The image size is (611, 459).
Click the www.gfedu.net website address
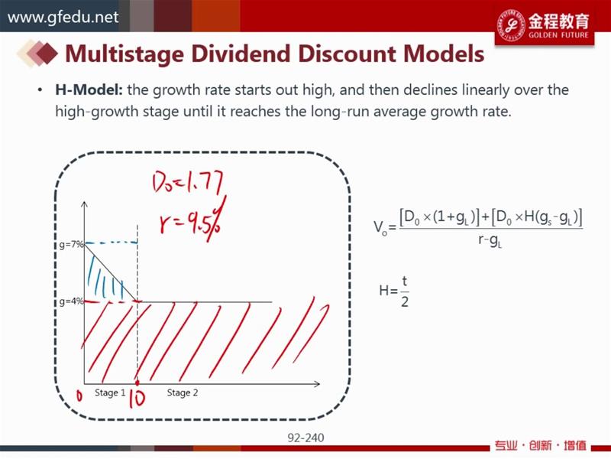click(63, 18)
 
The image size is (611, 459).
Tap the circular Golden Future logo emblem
click(511, 25)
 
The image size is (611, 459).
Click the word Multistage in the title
click(124, 54)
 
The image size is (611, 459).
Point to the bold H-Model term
click(89, 90)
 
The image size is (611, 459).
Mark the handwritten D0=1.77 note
click(187, 183)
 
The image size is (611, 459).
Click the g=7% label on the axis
click(71, 245)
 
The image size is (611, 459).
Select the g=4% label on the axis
click(71, 301)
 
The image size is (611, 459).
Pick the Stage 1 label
click(110, 392)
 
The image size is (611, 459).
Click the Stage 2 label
click(183, 392)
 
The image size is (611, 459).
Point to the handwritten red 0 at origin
click(79, 396)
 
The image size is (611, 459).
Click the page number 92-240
click(306, 438)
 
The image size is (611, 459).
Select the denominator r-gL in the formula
click(490, 240)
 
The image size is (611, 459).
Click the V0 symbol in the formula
click(380, 227)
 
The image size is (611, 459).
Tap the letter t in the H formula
click(405, 281)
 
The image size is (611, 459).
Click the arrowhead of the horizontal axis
click(317, 384)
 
